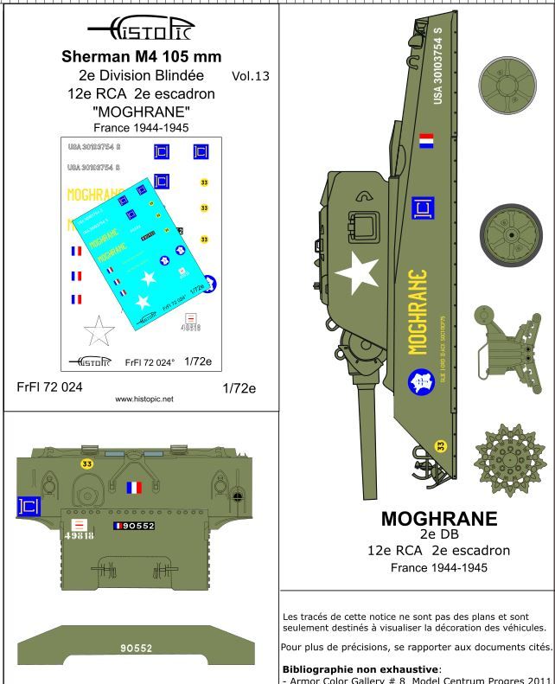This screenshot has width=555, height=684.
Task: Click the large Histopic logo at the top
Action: [143, 35]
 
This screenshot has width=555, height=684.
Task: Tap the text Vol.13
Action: [251, 76]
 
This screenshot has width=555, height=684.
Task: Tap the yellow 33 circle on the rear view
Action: [86, 464]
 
